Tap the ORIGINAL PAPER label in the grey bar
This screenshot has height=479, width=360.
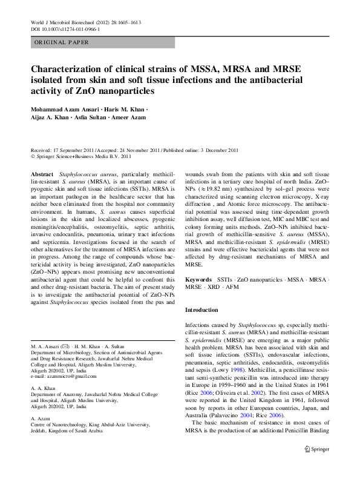[x=62, y=42]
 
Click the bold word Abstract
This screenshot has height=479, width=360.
[x=42, y=174]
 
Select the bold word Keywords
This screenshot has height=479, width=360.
[x=198, y=280]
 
